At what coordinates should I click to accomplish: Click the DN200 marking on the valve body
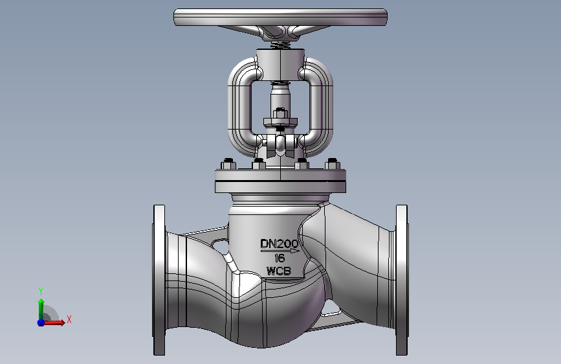[279, 244]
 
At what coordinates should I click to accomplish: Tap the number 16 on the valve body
[280, 258]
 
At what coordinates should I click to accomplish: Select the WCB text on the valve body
[279, 271]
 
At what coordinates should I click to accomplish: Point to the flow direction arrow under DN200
[280, 251]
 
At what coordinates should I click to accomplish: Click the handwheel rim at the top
[281, 17]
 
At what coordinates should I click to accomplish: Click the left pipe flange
[160, 280]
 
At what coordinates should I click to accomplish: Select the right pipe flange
[401, 280]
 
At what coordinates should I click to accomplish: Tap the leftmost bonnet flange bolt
[228, 164]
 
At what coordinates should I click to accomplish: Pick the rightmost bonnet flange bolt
[333, 164]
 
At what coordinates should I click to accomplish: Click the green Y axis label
[41, 291]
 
